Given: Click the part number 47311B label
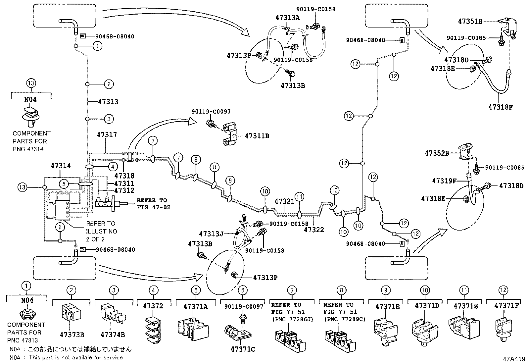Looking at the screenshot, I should [257, 136].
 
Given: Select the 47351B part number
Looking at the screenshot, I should [470, 21].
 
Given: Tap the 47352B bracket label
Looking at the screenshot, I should [437, 153].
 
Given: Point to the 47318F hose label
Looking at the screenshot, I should [500, 107].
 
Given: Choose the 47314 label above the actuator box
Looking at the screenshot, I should [61, 166].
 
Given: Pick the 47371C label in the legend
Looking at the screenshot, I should [243, 349].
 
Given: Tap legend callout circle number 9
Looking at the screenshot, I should [386, 290].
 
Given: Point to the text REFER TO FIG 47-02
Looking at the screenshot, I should [152, 204].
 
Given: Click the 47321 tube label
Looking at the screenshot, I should [284, 201].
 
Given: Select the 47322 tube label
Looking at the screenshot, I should [314, 229].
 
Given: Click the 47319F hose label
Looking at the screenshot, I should [444, 181].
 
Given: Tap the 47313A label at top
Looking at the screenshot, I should [287, 18].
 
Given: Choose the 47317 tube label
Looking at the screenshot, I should [107, 135].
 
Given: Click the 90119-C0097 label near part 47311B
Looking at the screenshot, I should [211, 112].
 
